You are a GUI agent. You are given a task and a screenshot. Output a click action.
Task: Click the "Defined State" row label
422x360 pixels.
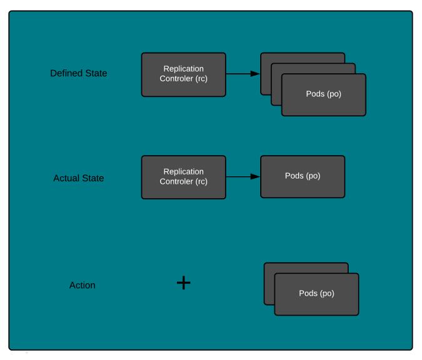[79, 74]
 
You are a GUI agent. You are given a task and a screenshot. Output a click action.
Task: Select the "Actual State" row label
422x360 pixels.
[79, 178]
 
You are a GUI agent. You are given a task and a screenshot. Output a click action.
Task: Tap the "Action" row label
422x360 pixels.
[82, 286]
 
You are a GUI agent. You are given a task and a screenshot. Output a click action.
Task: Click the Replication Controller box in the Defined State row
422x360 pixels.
[183, 74]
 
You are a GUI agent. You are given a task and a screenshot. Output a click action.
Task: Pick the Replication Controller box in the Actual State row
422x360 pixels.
[183, 177]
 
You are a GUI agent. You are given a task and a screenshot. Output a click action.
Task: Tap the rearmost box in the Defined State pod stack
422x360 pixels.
[300, 57]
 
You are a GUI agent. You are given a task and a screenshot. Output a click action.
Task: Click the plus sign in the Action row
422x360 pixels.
[183, 283]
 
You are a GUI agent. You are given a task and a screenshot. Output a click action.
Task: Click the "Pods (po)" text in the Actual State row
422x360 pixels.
[303, 176]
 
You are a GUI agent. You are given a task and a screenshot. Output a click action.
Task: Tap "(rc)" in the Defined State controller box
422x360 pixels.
[201, 79]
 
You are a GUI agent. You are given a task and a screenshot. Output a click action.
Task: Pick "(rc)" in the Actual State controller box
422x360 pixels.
[201, 182]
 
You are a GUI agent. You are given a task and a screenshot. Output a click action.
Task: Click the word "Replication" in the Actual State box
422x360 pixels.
[183, 172]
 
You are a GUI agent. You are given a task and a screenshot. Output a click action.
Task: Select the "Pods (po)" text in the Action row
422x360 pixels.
[316, 293]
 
